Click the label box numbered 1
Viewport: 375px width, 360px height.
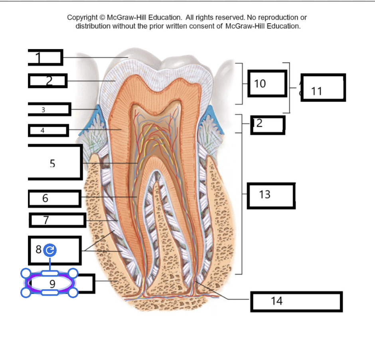pos(45,57)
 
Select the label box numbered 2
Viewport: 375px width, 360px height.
pos(47,81)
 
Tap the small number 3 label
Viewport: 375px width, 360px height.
pos(43,110)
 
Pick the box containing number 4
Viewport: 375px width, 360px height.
pos(48,131)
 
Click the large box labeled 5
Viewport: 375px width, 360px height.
pos(55,162)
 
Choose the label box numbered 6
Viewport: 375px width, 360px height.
pos(55,198)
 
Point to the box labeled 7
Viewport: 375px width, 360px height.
pos(57,220)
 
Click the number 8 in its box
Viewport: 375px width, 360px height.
pos(39,249)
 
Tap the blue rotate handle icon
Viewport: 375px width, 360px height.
pos(50,250)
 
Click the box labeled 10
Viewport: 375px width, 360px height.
pos(267,83)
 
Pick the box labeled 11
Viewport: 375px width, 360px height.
pos(323,87)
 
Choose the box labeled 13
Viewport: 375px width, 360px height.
pos(271,196)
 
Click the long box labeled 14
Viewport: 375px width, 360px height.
pos(296,302)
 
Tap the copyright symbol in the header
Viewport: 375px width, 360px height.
pos(102,18)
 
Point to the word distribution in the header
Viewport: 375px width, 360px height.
pos(93,26)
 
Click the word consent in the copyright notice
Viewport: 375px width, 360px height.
pos(202,26)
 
